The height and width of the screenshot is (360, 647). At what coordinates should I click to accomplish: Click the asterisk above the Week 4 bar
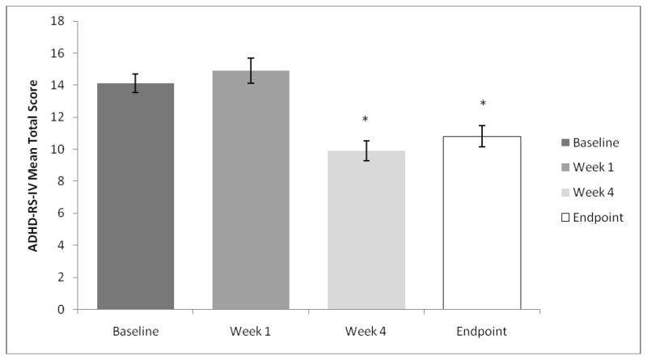pyautogui.click(x=366, y=121)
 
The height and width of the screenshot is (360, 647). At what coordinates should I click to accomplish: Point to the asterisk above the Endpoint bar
pyautogui.click(x=482, y=104)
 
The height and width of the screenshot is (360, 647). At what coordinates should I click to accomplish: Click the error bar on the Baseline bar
pyautogui.click(x=135, y=83)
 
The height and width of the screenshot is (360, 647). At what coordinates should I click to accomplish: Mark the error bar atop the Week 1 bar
pyautogui.click(x=251, y=70)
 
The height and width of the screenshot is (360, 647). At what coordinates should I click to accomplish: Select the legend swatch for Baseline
pyautogui.click(x=565, y=142)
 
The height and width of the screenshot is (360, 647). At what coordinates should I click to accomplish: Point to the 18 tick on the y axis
pyautogui.click(x=59, y=21)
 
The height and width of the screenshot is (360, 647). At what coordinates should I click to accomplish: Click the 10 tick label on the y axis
pyautogui.click(x=59, y=150)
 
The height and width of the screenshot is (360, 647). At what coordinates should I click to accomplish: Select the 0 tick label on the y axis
pyautogui.click(x=62, y=309)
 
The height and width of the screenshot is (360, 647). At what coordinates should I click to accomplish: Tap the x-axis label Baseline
pyautogui.click(x=135, y=332)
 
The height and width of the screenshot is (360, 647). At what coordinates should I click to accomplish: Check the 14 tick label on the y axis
pyautogui.click(x=59, y=85)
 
